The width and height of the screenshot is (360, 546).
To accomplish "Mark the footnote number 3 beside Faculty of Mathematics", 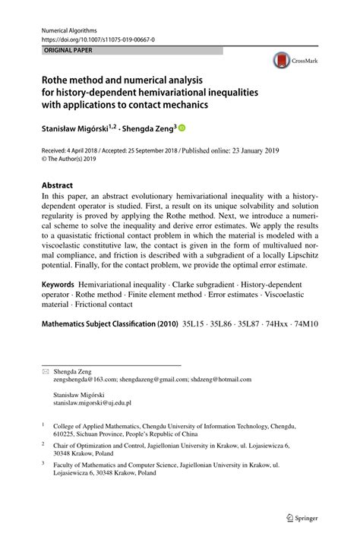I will pyautogui.click(x=43, y=462).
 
